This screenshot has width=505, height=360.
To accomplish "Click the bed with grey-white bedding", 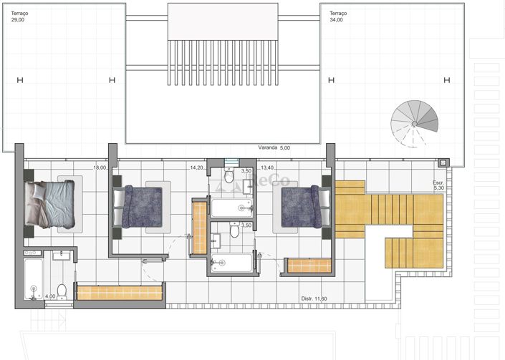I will (x=49, y=205).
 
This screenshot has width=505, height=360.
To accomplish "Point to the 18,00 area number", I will (x=100, y=167).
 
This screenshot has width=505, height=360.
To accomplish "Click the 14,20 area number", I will (x=196, y=167).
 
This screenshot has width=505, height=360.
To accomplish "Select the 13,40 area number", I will (x=267, y=167).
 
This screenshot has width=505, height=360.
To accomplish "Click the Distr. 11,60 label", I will (x=313, y=298).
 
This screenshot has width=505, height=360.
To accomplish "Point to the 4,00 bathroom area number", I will (x=50, y=296).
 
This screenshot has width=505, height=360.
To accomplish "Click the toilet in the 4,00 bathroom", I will (x=62, y=291).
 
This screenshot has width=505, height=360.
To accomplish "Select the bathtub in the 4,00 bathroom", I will (x=33, y=279).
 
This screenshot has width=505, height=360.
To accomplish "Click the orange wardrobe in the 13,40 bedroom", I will (x=309, y=266).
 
